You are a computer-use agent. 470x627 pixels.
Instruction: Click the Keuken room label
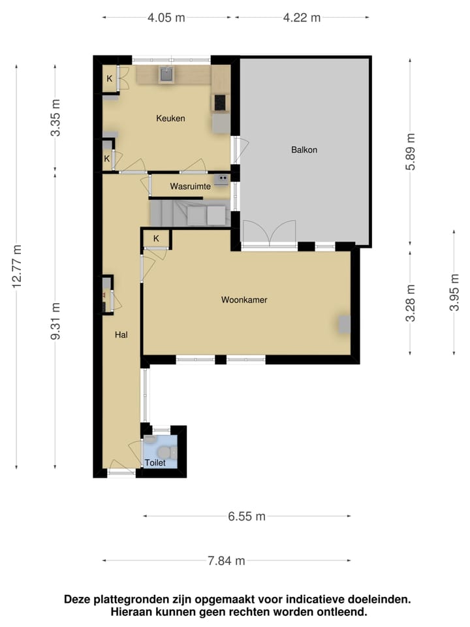point(170,119)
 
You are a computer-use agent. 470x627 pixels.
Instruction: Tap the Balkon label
point(304,150)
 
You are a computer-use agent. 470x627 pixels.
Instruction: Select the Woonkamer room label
point(244,300)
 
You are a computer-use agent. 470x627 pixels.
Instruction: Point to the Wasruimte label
point(190,186)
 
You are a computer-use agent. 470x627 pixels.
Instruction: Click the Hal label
point(121,334)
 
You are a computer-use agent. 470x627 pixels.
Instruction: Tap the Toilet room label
point(155,462)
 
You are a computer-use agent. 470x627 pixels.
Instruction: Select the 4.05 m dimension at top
point(167,18)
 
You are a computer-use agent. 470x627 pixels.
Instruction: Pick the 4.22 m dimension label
point(302,18)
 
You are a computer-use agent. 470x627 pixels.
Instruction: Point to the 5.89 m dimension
point(410,151)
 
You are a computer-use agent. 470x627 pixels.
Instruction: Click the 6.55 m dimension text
point(247,517)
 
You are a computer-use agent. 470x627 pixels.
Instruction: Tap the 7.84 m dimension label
point(227,560)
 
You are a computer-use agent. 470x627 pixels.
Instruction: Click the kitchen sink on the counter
point(166,74)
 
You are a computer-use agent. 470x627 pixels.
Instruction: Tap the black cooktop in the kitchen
point(220,103)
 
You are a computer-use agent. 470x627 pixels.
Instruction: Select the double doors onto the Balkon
point(269,233)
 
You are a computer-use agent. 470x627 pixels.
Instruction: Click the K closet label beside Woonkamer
point(156,239)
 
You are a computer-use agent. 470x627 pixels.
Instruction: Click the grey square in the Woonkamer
point(344,323)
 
